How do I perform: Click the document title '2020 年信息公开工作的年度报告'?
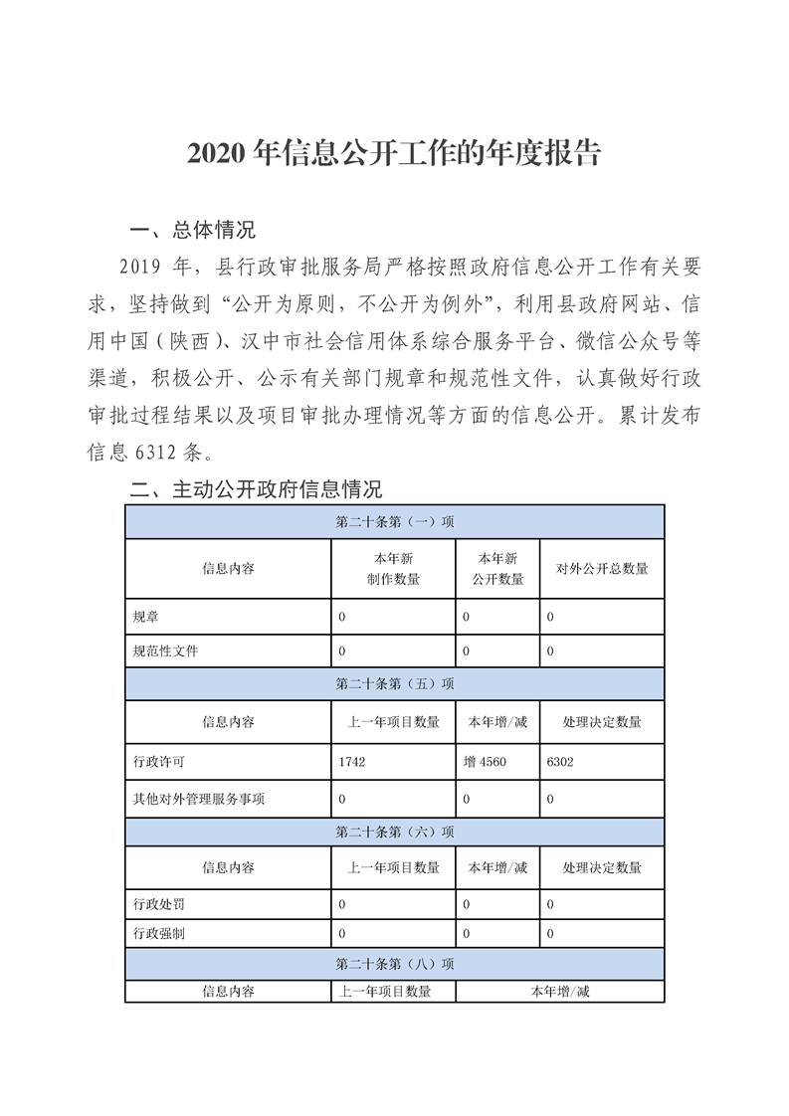394,155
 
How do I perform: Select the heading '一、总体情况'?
193,231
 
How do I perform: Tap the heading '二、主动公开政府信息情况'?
257,489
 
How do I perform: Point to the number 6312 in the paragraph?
154,453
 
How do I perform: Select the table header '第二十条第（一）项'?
395,522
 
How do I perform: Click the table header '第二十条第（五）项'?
395,684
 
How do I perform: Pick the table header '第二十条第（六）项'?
395,832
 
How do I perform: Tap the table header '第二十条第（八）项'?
395,964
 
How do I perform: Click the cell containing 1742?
354,763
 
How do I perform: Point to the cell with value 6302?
560,763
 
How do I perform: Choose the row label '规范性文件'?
165,651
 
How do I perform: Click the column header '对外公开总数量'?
602,569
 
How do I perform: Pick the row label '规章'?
145,618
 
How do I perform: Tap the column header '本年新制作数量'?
393,569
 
